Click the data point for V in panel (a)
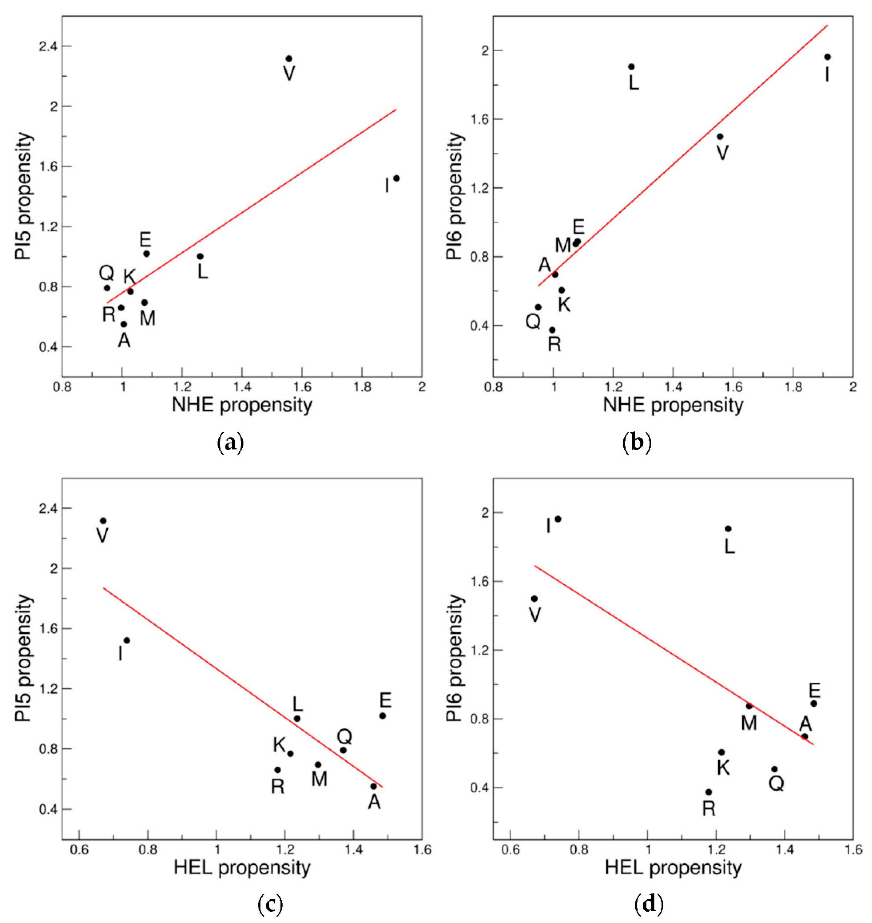(289, 59)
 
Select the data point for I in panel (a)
(396, 178)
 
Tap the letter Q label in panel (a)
(106, 273)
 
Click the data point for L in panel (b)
(631, 67)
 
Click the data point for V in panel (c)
(103, 521)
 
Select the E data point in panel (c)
(383, 716)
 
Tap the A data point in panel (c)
(373, 786)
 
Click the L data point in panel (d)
(728, 528)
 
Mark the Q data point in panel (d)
(774, 769)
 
